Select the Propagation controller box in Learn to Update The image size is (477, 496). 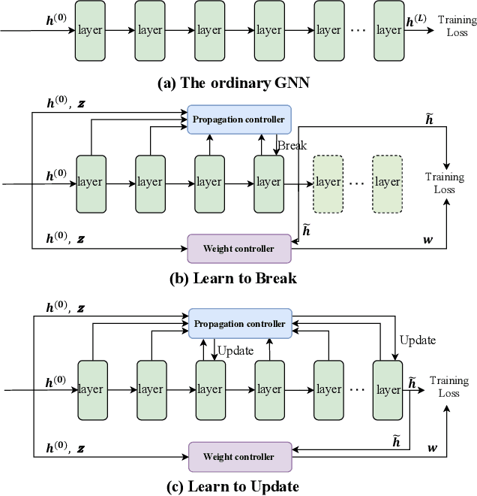pyautogui.click(x=239, y=323)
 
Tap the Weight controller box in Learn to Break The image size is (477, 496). pyautogui.click(x=238, y=247)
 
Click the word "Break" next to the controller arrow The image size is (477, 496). pyautogui.click(x=292, y=146)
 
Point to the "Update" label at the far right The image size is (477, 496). pyautogui.click(x=418, y=340)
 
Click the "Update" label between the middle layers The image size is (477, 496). pyautogui.click(x=235, y=350)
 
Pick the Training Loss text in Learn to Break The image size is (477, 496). pyautogui.click(x=444, y=183)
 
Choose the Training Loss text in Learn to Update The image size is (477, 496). pyautogui.click(x=450, y=387)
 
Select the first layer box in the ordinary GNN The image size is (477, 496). pyautogui.click(x=91, y=31)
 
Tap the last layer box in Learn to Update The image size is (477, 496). pyautogui.click(x=388, y=389)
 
